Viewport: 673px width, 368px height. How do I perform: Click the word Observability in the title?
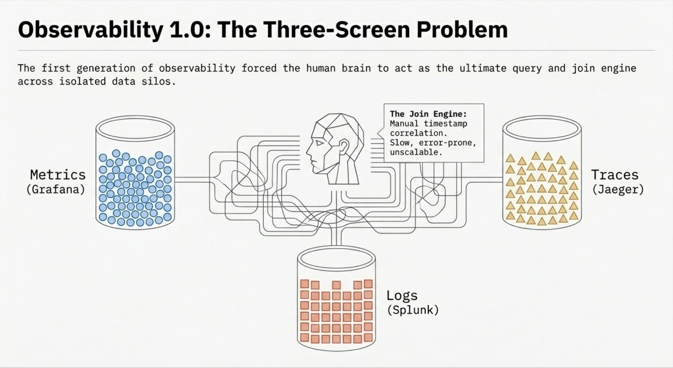pyautogui.click(x=90, y=30)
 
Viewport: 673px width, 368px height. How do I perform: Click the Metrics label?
pyautogui.click(x=58, y=175)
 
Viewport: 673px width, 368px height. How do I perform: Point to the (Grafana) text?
pyautogui.click(x=56, y=189)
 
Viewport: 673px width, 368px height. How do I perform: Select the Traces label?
pyautogui.click(x=615, y=175)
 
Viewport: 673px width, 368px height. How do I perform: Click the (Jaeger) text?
pyautogui.click(x=618, y=189)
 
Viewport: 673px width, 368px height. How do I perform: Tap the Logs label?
pyautogui.click(x=402, y=295)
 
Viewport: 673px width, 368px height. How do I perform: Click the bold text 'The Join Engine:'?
pyautogui.click(x=428, y=114)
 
